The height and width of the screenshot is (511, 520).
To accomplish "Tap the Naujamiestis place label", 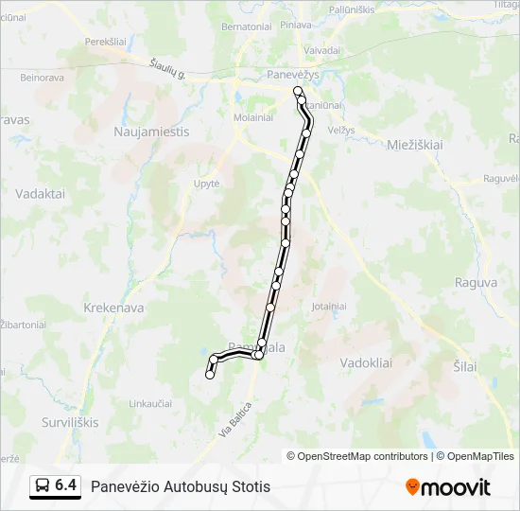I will coord(151,132).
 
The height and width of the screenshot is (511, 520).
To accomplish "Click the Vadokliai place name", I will coord(366,362).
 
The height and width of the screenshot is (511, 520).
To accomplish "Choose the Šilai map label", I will coord(464,366).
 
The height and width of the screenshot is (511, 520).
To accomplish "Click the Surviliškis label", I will coord(70,422).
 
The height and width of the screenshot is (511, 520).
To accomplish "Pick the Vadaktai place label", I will coord(40,193).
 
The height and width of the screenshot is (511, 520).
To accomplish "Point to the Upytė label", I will coord(206,184).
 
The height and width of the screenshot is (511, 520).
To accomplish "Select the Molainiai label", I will coord(252,117).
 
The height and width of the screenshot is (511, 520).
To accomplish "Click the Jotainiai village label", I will coord(329,307).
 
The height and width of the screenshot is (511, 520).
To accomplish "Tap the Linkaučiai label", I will coord(150,403).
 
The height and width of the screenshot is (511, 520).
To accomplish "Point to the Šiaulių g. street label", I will coord(167,68).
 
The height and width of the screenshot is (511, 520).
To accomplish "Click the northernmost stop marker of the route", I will coord(298,91).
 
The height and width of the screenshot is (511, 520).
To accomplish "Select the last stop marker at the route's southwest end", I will coord(210,375).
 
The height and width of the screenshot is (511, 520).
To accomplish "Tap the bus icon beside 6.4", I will coord(43,485).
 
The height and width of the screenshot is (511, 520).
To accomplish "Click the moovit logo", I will coord(448,487).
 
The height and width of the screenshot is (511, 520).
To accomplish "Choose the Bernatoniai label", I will coord(247,26).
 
